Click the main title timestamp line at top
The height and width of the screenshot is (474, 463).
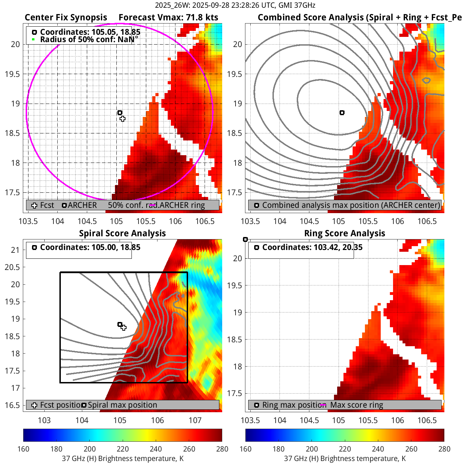pyautogui.click(x=235, y=5)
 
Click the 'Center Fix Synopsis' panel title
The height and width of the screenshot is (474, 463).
pyautogui.click(x=66, y=18)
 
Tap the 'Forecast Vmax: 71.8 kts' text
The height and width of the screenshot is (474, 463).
pyautogui.click(x=168, y=18)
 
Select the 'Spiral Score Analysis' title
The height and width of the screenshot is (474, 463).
pyautogui.click(x=122, y=233)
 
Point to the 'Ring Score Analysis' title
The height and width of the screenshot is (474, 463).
pyautogui.click(x=345, y=233)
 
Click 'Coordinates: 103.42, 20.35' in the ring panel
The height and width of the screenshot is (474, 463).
pyautogui.click(x=312, y=248)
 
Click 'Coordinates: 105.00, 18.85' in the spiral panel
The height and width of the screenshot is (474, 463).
pyautogui.click(x=90, y=248)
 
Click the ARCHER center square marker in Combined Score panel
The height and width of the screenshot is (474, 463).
pyautogui.click(x=342, y=113)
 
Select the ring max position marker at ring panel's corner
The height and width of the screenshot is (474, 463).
pyautogui.click(x=245, y=239)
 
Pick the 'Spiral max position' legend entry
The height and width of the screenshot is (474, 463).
pyautogui.click(x=122, y=405)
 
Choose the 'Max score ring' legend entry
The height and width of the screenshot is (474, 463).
pyautogui.click(x=356, y=405)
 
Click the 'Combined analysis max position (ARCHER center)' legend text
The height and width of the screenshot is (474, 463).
pyautogui.click(x=351, y=205)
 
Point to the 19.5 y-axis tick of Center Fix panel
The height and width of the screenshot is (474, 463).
pyautogui.click(x=13, y=74)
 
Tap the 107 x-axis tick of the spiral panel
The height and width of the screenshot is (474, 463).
pyautogui.click(x=195, y=421)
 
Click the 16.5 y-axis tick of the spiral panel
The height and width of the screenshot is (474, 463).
pyautogui.click(x=13, y=405)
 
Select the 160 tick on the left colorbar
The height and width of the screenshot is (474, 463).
pyautogui.click(x=24, y=449)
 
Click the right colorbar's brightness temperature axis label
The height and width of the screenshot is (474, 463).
pyautogui.click(x=345, y=459)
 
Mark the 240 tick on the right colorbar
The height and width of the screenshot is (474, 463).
pyautogui.click(x=378, y=449)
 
